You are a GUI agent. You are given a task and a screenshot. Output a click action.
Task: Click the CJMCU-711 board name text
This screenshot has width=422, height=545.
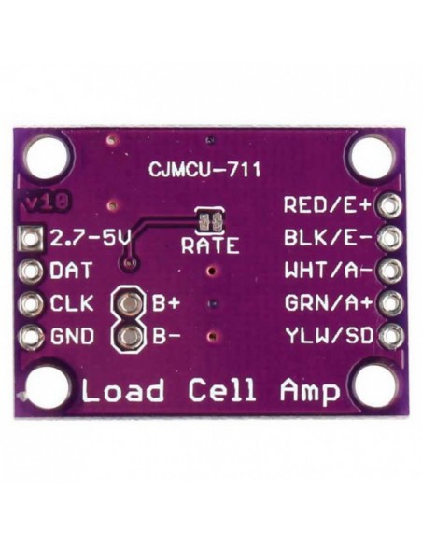click(204, 171)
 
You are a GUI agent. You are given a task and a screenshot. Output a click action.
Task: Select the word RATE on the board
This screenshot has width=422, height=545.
click(209, 246)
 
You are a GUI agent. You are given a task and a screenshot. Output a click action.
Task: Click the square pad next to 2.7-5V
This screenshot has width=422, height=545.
click(33, 240)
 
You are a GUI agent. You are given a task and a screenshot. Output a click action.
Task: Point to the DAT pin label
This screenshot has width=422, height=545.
click(71, 272)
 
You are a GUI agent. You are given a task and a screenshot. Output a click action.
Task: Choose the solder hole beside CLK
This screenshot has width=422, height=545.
click(33, 304)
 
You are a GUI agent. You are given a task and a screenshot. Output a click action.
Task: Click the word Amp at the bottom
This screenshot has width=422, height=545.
click(309, 392)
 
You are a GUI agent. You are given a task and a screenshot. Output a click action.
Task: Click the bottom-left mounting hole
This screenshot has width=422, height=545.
click(50, 388)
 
